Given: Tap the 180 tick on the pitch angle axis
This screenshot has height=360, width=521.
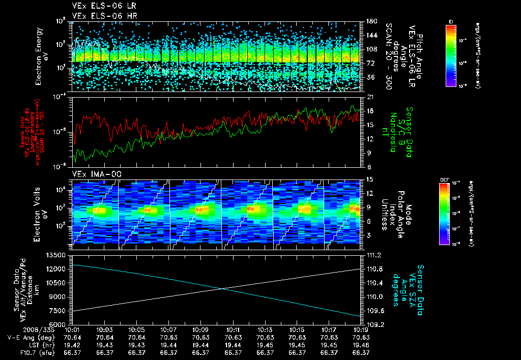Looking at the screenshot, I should click(371, 21).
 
